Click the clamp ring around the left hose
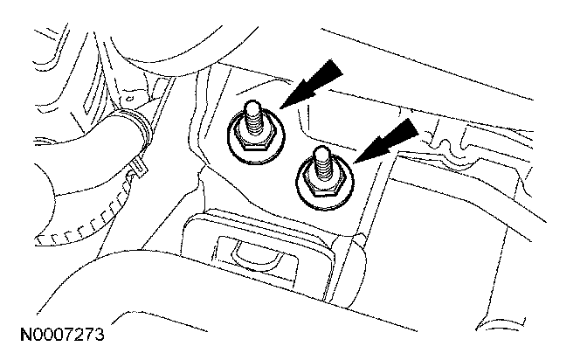140,122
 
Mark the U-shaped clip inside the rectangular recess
252,253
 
